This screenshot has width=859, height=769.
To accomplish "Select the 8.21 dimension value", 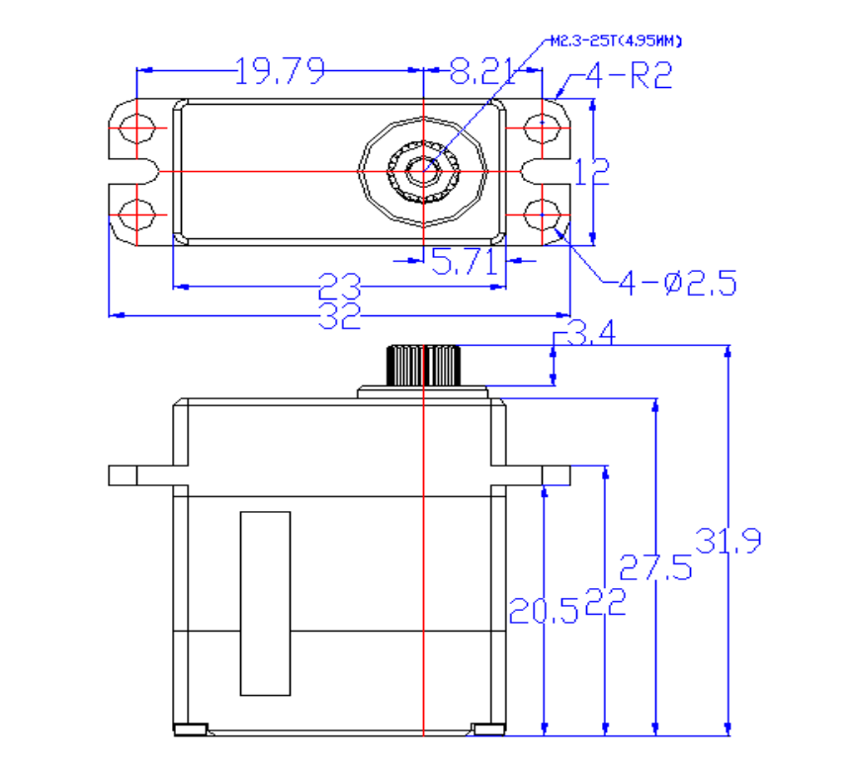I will point(482,71).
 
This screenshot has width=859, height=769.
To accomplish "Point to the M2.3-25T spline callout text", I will point(616,41).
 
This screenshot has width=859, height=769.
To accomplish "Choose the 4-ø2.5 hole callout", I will point(677,285).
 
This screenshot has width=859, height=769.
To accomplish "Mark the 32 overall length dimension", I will point(339,316).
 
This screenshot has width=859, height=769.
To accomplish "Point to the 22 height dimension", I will point(605,602).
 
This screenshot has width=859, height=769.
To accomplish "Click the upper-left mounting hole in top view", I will point(136,128).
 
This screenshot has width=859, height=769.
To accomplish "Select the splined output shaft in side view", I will point(423,366).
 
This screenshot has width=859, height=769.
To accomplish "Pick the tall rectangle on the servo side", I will point(265,603).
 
